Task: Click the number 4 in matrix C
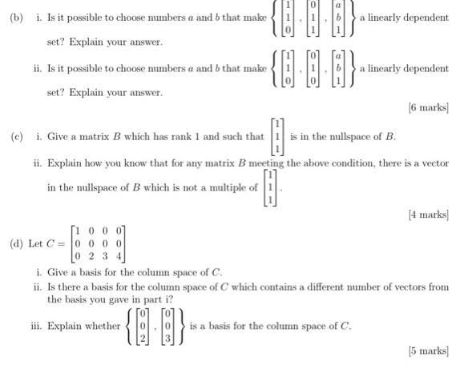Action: coord(119,256)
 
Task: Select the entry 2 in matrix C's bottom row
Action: coord(91,256)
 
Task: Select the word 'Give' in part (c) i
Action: coord(59,137)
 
